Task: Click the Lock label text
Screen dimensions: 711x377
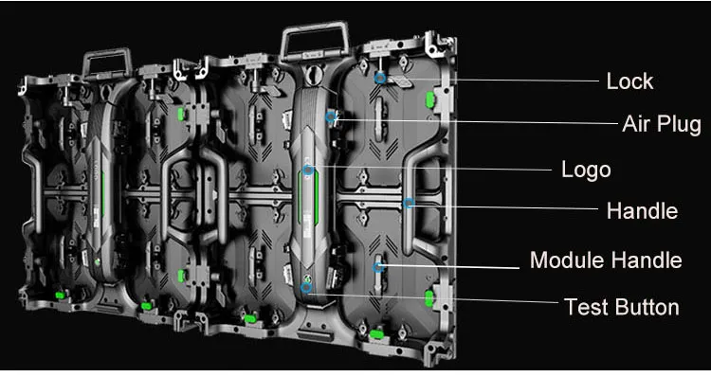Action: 629,81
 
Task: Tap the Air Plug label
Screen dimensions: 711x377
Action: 662,123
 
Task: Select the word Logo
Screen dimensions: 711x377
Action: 586,171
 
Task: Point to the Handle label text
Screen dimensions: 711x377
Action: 642,210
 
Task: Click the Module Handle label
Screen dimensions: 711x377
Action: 606,260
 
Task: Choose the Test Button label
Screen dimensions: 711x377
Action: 622,307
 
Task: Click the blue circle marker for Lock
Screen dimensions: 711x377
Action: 380,78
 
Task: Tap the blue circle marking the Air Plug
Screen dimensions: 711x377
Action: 331,117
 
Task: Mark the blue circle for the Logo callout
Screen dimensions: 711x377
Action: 308,171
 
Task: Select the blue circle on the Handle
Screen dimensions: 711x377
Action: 409,203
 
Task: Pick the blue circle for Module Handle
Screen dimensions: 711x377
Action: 378,267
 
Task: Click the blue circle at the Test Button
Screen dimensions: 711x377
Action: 306,287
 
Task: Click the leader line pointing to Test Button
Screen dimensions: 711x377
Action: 433,297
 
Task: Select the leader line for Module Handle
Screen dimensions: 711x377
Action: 450,266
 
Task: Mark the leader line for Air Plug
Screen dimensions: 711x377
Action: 476,121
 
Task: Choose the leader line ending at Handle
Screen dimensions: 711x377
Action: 504,207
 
